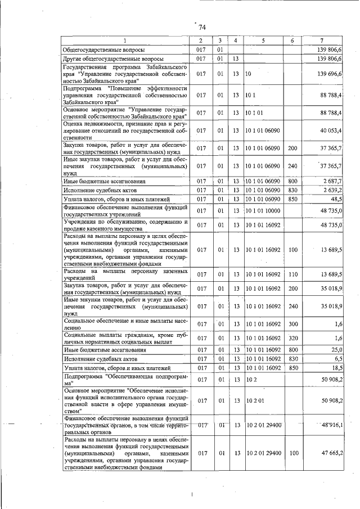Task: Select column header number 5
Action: point(263,40)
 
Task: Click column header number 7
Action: point(321,40)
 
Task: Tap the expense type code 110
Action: point(292,274)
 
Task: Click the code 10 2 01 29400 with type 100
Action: point(263,453)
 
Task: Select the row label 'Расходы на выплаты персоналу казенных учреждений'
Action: point(125,274)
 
